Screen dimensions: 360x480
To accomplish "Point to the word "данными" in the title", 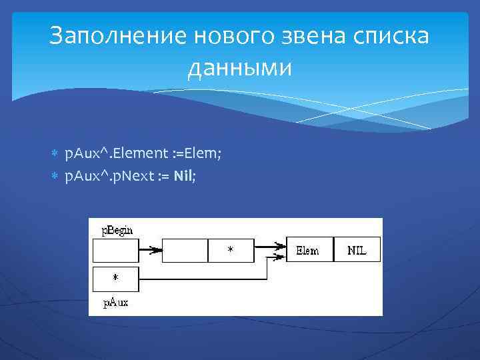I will click(x=240, y=68).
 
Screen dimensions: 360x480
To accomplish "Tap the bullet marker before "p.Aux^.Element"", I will click(x=55, y=154).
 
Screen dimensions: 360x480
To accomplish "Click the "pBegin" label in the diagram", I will click(x=116, y=230).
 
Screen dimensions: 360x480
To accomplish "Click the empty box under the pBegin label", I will click(x=115, y=250).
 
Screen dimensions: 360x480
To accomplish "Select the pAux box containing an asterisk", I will click(x=115, y=279).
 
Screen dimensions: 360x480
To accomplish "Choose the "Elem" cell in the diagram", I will click(x=309, y=250).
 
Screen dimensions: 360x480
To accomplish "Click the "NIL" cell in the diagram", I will click(x=357, y=250).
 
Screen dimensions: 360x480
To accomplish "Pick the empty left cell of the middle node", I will click(x=185, y=250).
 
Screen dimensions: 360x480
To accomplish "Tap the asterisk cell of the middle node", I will click(x=231, y=250).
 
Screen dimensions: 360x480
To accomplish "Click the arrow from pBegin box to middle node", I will click(x=151, y=250).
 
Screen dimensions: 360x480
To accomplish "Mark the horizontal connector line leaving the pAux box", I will click(x=200, y=278).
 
